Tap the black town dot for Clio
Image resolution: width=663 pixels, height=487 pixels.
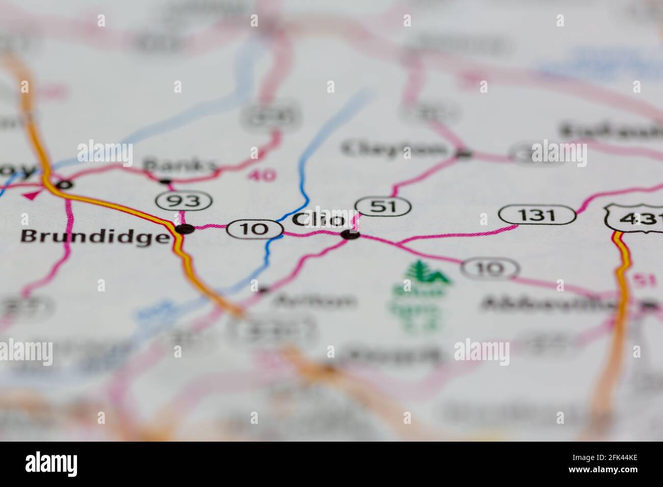350,235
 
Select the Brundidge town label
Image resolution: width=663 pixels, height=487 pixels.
94,236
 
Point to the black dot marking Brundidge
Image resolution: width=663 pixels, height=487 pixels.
185,229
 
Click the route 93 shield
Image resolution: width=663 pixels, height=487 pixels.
184,201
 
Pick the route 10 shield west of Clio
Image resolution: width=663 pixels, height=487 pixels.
256,229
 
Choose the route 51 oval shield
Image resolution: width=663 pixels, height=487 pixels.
383,206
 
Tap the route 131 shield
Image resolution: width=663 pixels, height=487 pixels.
538,215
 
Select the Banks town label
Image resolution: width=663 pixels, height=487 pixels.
180,165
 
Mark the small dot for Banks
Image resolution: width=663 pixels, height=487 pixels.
165,181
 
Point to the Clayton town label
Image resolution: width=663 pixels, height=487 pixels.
394,149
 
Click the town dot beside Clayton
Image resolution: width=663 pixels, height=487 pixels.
463,153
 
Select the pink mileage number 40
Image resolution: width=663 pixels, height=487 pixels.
262,176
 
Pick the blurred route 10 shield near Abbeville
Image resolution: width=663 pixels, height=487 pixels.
491,268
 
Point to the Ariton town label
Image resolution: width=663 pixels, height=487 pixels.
315,301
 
